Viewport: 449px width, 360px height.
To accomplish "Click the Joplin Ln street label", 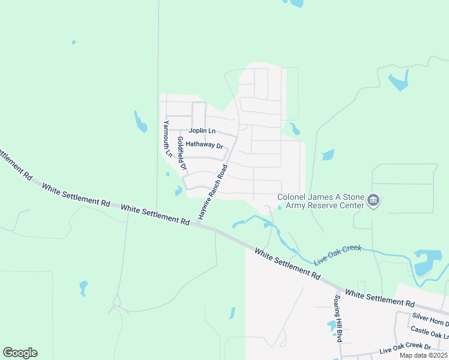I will (202, 130).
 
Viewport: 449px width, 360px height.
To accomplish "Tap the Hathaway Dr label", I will (204, 145).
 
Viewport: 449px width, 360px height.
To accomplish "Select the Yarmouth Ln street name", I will (168, 139).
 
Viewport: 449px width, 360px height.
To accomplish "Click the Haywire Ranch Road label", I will (212, 191).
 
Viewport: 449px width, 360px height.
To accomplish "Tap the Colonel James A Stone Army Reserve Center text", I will (321, 202).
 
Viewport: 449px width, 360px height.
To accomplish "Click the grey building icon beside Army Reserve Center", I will (373, 200).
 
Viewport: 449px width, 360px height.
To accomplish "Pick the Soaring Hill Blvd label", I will (338, 318).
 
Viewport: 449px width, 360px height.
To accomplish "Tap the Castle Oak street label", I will (429, 331).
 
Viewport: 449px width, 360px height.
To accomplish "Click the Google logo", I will (20, 353).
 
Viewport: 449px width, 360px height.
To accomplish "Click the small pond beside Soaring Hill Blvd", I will (332, 326).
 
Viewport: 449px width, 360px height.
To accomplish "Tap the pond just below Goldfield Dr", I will (178, 191).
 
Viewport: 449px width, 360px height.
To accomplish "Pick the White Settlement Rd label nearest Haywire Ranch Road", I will (155, 215).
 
